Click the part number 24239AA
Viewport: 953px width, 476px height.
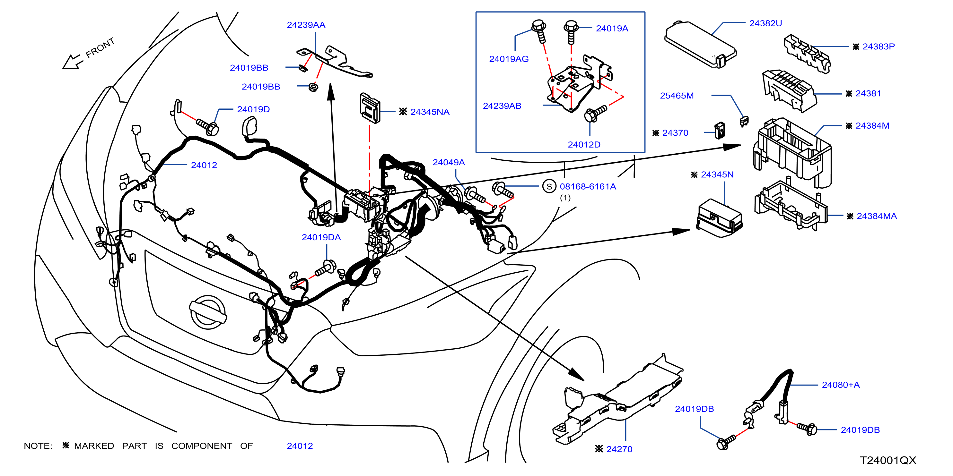(306, 25)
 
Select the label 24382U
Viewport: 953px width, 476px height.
(765, 23)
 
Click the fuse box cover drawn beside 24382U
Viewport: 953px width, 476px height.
(700, 44)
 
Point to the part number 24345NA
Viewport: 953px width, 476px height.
(430, 112)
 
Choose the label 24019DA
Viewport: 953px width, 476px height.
(321, 237)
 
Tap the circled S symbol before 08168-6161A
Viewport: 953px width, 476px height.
(549, 186)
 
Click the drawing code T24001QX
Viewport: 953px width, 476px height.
(888, 461)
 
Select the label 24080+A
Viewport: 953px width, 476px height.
(841, 385)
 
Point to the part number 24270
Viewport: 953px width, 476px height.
(619, 449)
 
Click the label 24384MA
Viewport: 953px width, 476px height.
(877, 216)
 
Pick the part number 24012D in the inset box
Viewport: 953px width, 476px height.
(584, 144)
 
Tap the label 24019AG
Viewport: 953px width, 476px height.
(509, 59)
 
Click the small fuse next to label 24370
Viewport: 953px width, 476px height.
(720, 131)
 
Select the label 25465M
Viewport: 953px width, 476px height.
(677, 96)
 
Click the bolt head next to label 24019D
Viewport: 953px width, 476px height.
(212, 129)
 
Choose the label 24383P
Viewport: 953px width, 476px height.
(878, 47)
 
